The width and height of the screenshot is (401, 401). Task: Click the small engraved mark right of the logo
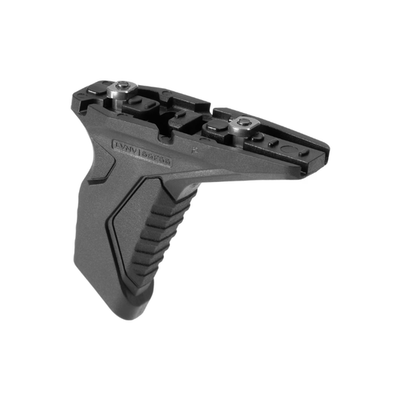(x=194, y=149)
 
